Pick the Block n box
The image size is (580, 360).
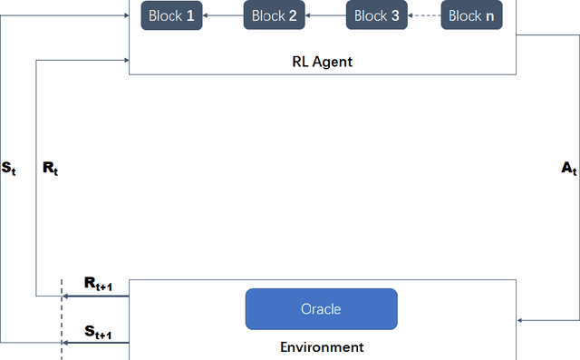pos(471,15)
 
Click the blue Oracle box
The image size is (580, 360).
pos(321,309)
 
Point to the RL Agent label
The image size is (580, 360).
pos(322,62)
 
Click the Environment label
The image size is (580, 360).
pos(322,347)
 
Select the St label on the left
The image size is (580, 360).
pos(9,168)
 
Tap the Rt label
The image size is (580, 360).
pos(50,168)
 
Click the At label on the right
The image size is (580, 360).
pos(569,168)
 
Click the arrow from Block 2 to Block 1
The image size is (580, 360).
pos(223,15)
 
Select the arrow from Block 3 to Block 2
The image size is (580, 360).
pos(325,15)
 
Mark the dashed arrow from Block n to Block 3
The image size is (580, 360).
pos(424,15)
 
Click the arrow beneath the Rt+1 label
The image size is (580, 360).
pos(96,296)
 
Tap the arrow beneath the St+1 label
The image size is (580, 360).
pos(96,343)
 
